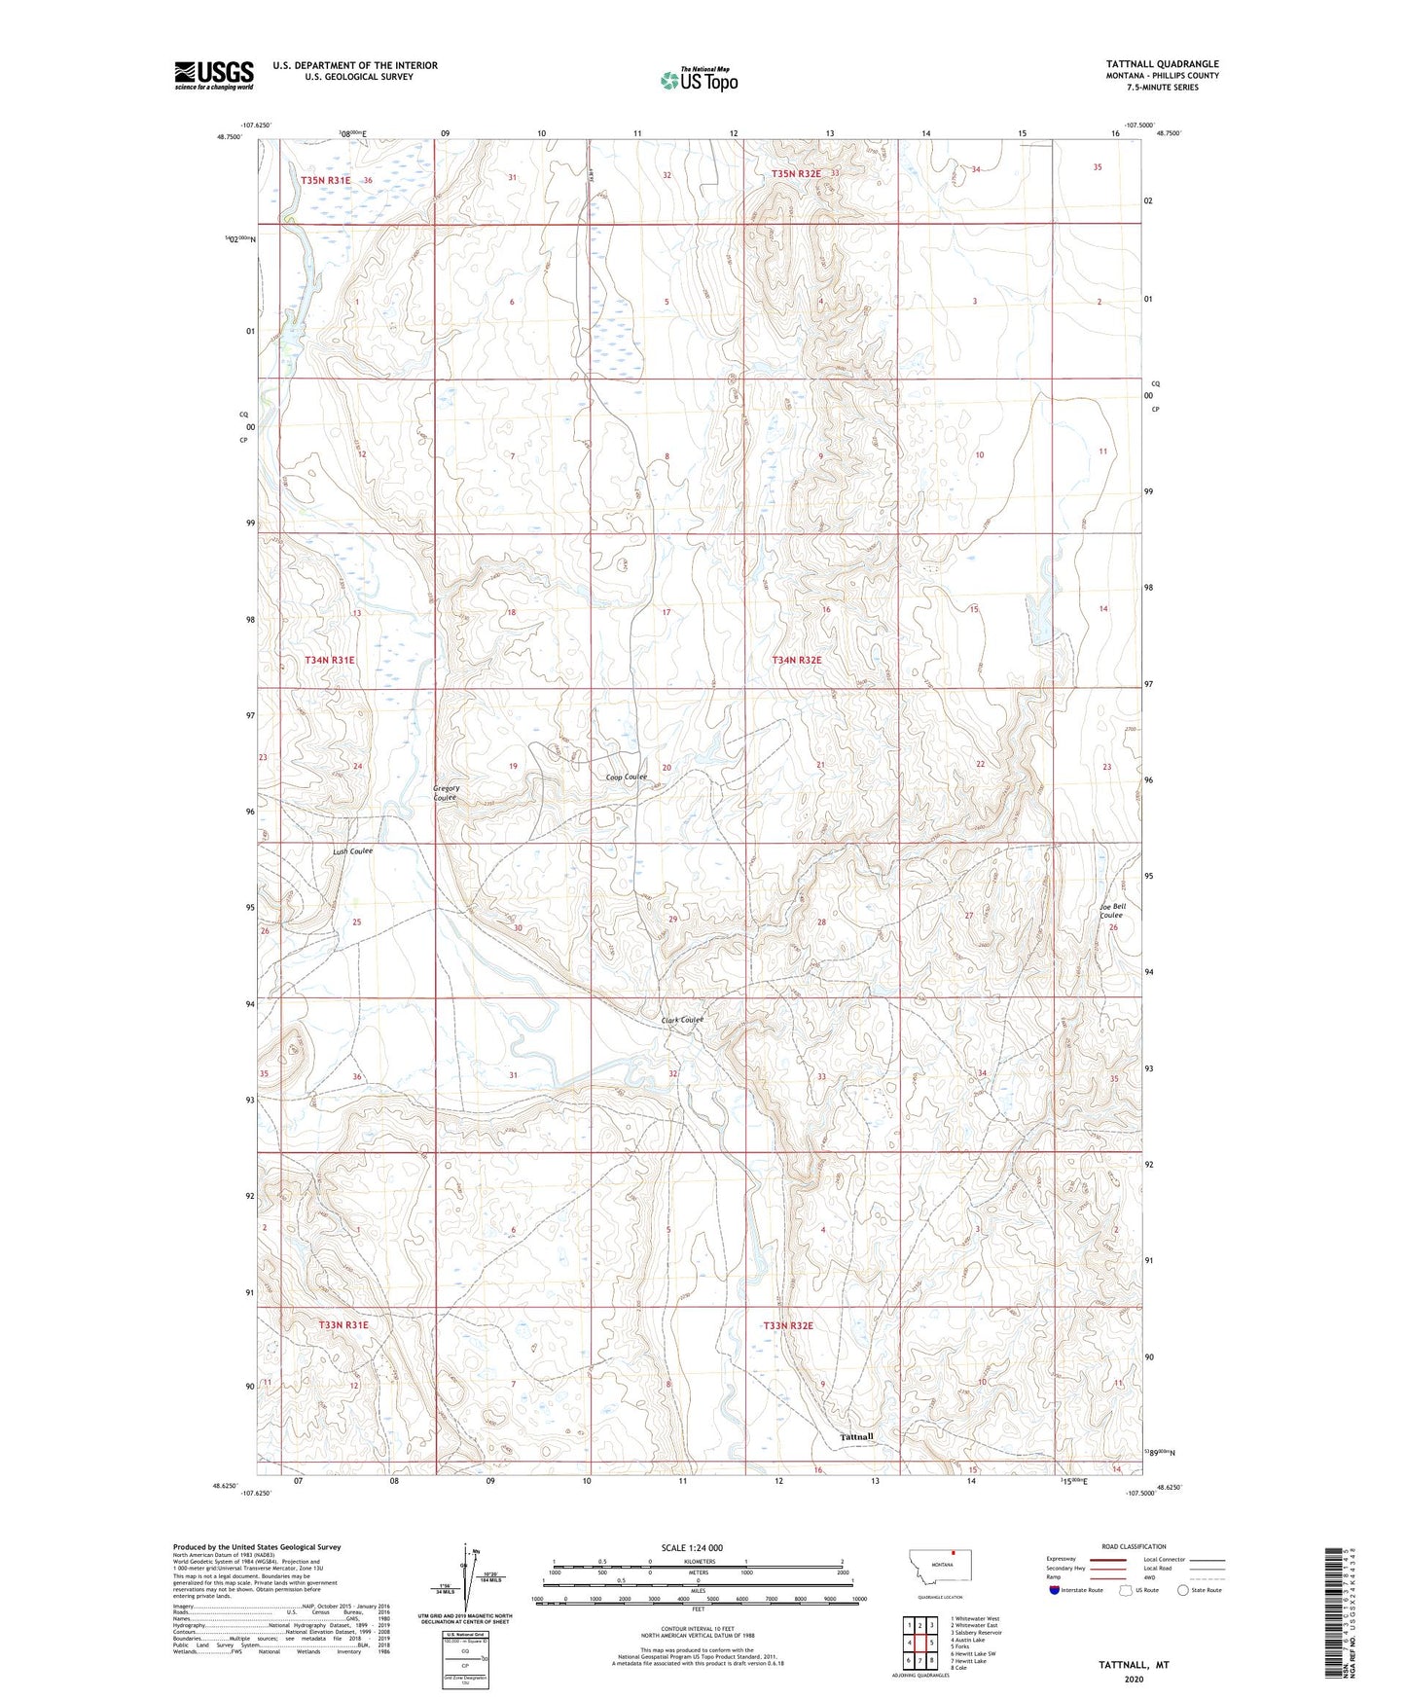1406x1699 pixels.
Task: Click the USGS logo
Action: click(214, 74)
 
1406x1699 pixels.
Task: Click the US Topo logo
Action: click(698, 80)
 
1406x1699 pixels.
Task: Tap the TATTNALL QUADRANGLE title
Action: click(1162, 64)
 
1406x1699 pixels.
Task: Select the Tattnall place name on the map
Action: click(856, 1436)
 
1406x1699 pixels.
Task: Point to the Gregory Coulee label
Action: click(446, 792)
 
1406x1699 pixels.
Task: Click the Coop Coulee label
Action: click(626, 777)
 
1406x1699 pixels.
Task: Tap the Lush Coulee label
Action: click(352, 850)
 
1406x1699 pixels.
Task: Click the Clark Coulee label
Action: click(682, 1020)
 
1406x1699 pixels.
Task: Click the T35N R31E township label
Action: click(325, 180)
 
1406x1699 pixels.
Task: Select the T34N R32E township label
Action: click(797, 660)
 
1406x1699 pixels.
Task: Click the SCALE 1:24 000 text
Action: click(692, 1547)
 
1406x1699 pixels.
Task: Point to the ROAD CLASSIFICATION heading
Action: click(1134, 1546)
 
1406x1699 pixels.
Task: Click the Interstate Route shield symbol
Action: click(1055, 1590)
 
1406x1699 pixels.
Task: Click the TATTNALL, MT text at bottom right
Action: click(1134, 1665)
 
